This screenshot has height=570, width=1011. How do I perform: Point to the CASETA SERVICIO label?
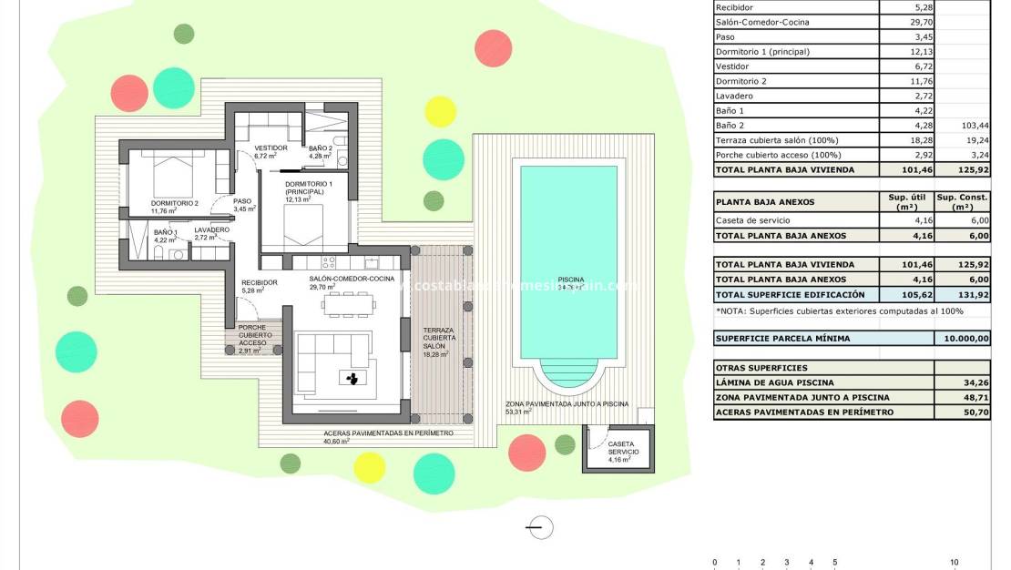click(623, 449)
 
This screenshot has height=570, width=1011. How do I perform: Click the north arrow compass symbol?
click(540, 526)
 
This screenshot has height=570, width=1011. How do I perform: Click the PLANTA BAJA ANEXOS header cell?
click(765, 202)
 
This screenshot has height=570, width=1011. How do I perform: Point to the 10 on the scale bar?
click(954, 562)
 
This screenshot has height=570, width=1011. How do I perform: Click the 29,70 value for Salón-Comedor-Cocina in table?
click(911, 22)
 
